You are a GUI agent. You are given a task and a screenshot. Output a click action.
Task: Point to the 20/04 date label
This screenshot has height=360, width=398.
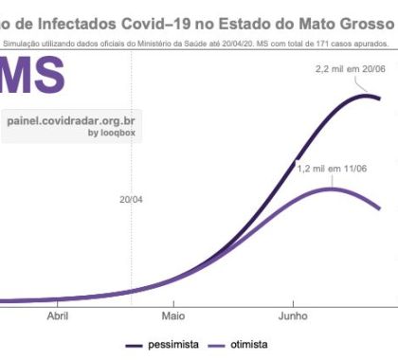coord(131,200)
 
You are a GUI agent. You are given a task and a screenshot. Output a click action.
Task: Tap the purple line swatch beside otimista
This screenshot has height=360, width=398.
coord(214,346)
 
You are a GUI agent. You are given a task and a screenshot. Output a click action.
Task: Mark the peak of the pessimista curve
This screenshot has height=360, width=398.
coord(365,95)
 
